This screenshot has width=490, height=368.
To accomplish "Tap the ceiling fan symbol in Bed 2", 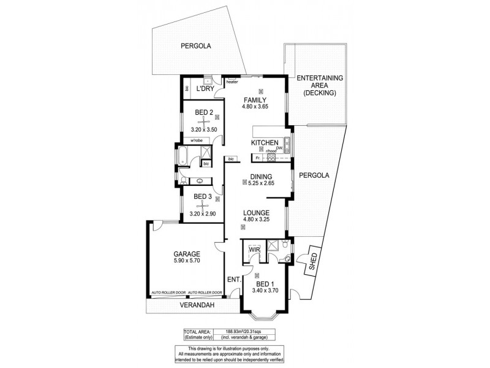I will click(x=203, y=121).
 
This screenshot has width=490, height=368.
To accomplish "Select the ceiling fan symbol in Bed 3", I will click(x=203, y=205).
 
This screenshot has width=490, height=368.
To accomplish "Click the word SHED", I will click(x=314, y=261).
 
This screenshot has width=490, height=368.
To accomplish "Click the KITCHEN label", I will click(x=265, y=143).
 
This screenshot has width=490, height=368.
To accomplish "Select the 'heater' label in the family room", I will click(x=232, y=82).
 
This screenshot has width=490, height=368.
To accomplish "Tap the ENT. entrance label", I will click(x=233, y=280).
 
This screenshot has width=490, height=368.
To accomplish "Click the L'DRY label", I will click(x=204, y=90).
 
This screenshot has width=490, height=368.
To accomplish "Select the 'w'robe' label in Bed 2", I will click(x=197, y=140).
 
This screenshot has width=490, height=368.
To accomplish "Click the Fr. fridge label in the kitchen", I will click(x=258, y=158).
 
